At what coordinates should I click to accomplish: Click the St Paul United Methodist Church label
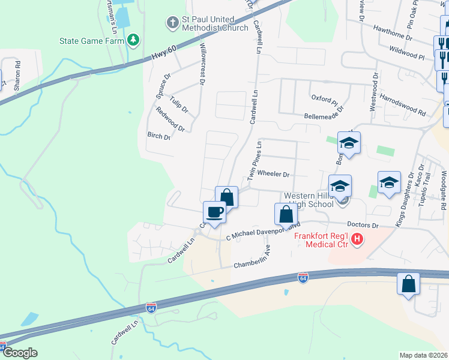click(x=214, y=23)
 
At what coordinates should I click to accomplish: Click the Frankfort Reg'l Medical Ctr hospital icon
click(x=357, y=239)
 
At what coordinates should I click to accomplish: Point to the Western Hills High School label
click(x=309, y=200)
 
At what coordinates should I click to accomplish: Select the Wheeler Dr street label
click(x=274, y=175)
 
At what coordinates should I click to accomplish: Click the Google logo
click(x=19, y=353)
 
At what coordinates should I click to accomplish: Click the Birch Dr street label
click(x=159, y=136)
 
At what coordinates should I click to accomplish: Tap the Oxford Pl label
click(x=325, y=98)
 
